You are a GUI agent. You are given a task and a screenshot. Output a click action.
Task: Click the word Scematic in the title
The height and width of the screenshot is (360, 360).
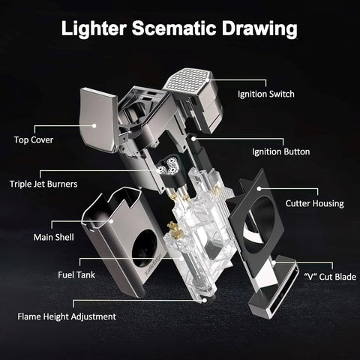[174, 28]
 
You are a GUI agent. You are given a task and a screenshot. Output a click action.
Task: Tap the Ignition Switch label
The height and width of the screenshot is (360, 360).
[266, 94]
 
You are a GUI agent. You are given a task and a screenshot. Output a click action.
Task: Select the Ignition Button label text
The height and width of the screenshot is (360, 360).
[281, 151]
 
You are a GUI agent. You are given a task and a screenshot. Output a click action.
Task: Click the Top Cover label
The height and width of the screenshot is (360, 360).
[34, 140]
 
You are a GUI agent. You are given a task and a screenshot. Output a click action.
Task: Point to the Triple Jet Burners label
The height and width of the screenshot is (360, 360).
[43, 184]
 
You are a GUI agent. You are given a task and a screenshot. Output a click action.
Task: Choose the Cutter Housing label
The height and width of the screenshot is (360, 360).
[314, 203]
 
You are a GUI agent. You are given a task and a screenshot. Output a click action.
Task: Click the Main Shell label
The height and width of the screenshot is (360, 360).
[54, 237]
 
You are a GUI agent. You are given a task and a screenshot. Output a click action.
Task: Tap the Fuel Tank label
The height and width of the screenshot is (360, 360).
[76, 275]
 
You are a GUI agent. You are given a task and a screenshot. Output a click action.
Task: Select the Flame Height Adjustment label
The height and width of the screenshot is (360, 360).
[67, 316]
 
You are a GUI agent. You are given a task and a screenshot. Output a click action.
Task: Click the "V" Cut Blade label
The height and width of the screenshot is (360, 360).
[330, 277]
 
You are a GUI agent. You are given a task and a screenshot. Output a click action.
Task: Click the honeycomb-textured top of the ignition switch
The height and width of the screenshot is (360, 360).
[187, 79]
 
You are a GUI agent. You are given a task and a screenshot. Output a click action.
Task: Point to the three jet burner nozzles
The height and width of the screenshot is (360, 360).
[169, 164]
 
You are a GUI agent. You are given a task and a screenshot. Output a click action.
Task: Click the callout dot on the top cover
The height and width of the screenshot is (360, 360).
[94, 125]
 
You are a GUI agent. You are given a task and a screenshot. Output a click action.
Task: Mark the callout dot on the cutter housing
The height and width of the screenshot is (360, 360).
[259, 188]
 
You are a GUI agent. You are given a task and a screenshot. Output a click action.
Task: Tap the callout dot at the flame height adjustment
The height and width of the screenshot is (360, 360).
[205, 300]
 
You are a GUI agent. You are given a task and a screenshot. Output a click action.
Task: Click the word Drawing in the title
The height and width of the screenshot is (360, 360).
[259, 29]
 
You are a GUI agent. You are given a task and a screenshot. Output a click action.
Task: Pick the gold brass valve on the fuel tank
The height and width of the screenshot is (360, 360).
[175, 229]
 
